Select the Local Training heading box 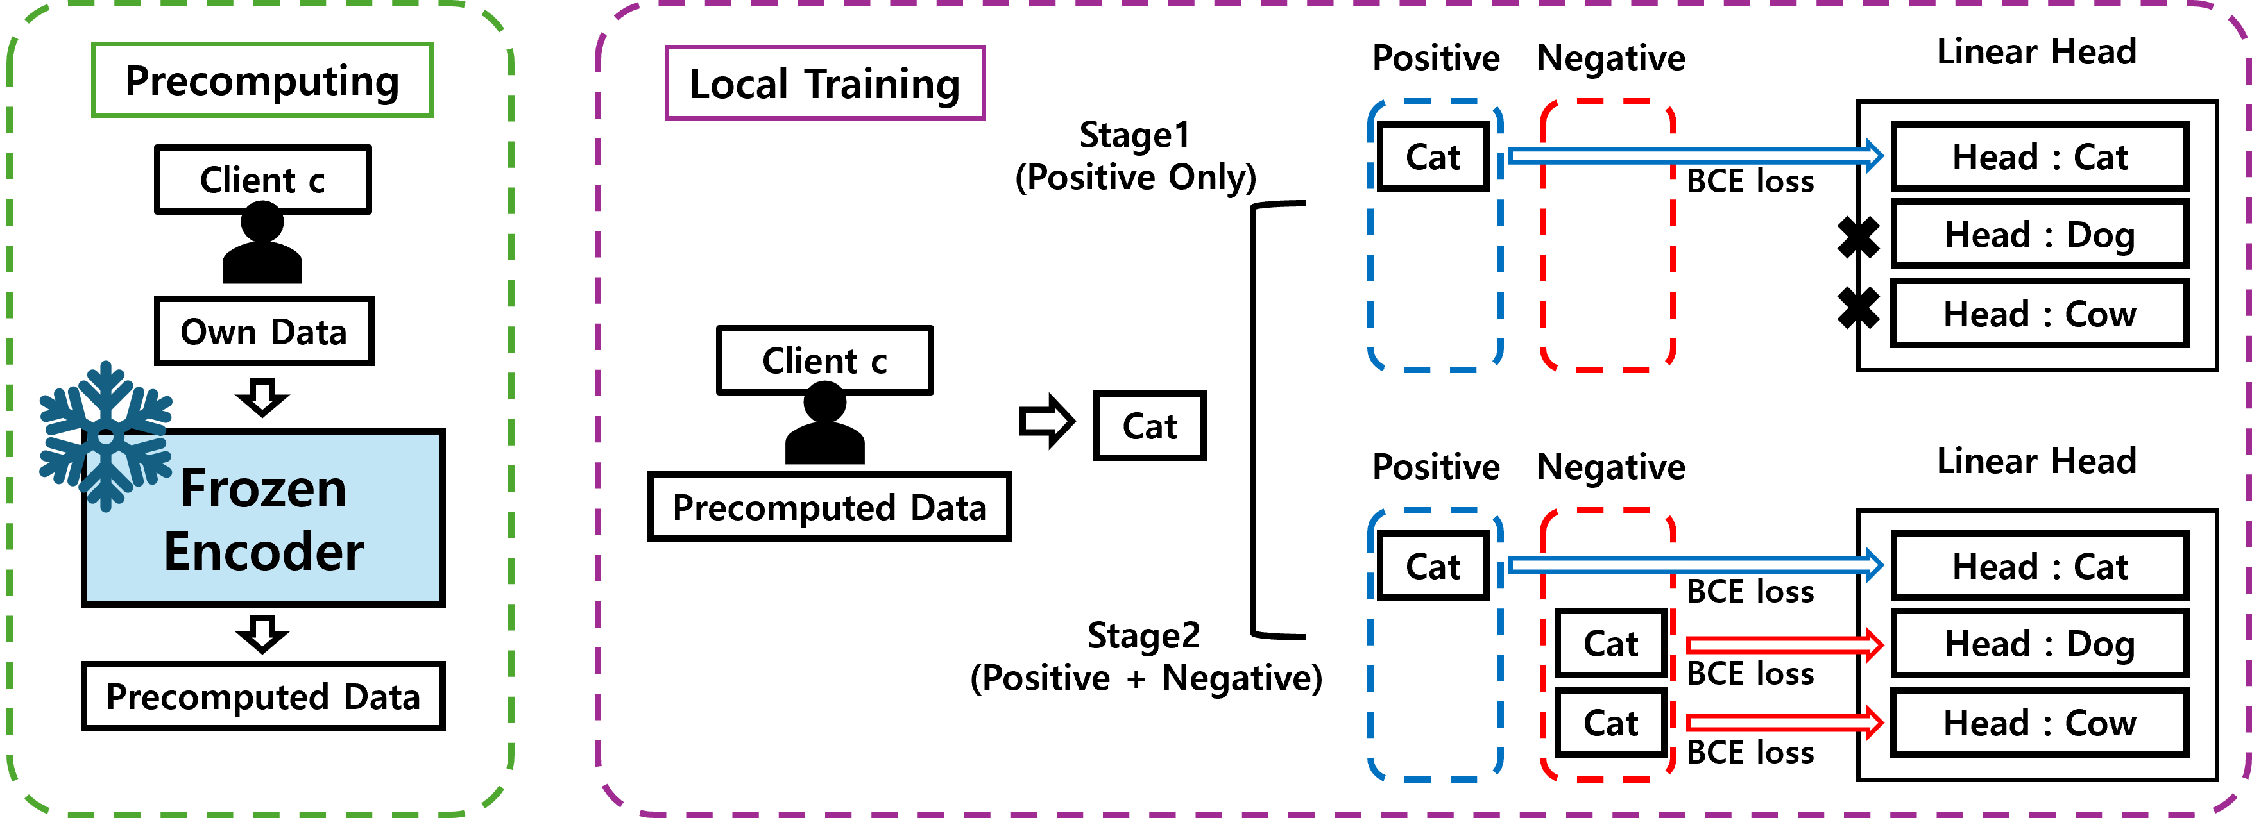click(x=824, y=83)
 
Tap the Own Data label click(x=263, y=331)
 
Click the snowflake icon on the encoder click(x=105, y=435)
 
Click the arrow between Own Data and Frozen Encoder click(x=262, y=397)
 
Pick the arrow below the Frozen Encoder click(x=262, y=633)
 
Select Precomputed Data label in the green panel click(x=262, y=697)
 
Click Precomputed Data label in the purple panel click(x=829, y=507)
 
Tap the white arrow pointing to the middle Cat click(x=1046, y=421)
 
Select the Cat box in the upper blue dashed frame click(x=1432, y=156)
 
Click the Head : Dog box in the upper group click(x=2039, y=234)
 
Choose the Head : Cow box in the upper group click(x=2039, y=313)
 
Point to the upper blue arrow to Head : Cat click(x=1696, y=156)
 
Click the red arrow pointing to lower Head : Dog click(x=1784, y=645)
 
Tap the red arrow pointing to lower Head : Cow click(x=1784, y=722)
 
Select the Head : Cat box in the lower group click(x=2039, y=566)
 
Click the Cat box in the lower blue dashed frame click(x=1432, y=566)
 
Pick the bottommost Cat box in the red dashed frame click(x=1610, y=722)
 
